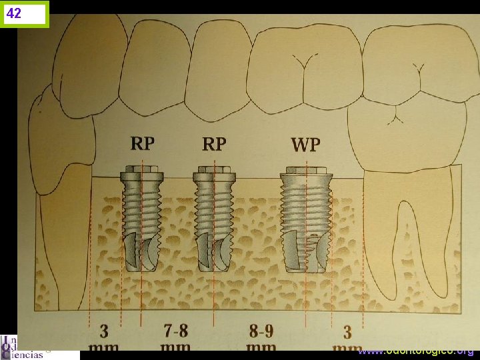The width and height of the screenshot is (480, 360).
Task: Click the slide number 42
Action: [x=15, y=13]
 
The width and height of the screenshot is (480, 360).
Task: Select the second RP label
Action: [x=213, y=143]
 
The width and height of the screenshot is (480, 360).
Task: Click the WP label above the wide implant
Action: [x=305, y=144]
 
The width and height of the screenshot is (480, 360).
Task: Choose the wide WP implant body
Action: [x=306, y=220]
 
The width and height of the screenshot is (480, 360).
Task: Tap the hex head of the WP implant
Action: [x=306, y=170]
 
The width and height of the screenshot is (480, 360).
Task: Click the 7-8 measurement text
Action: [x=177, y=331]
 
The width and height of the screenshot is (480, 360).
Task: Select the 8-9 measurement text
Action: [x=261, y=331]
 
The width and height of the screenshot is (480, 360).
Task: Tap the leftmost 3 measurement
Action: [x=105, y=331]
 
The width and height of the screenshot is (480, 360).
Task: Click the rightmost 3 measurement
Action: [x=347, y=331]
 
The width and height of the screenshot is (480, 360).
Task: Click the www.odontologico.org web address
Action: [x=416, y=351]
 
